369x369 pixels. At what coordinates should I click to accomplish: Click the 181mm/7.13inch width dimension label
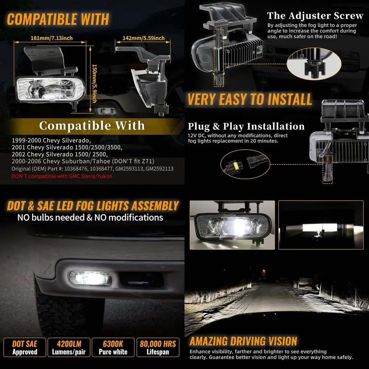tap(52, 38)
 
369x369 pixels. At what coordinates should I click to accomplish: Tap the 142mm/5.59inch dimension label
tap(144, 38)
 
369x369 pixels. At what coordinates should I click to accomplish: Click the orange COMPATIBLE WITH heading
tap(58, 19)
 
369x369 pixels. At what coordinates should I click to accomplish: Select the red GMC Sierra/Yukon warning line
tap(62, 176)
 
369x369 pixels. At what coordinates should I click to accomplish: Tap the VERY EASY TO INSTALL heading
tap(249, 100)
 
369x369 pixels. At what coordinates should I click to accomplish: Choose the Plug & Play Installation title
tap(246, 127)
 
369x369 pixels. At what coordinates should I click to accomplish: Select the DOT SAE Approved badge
tap(25, 347)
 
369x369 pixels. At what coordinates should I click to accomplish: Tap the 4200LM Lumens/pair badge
tap(69, 347)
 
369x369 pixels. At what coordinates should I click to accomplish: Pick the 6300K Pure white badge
tap(113, 347)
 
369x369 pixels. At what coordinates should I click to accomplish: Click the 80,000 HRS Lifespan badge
tap(158, 347)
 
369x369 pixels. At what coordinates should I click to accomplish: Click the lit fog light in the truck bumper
tap(90, 278)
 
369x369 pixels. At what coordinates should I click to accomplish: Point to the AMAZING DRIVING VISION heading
tap(243, 341)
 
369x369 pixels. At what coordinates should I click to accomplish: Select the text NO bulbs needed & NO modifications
tap(90, 217)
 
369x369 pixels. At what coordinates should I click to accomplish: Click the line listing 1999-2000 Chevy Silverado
tap(51, 140)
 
